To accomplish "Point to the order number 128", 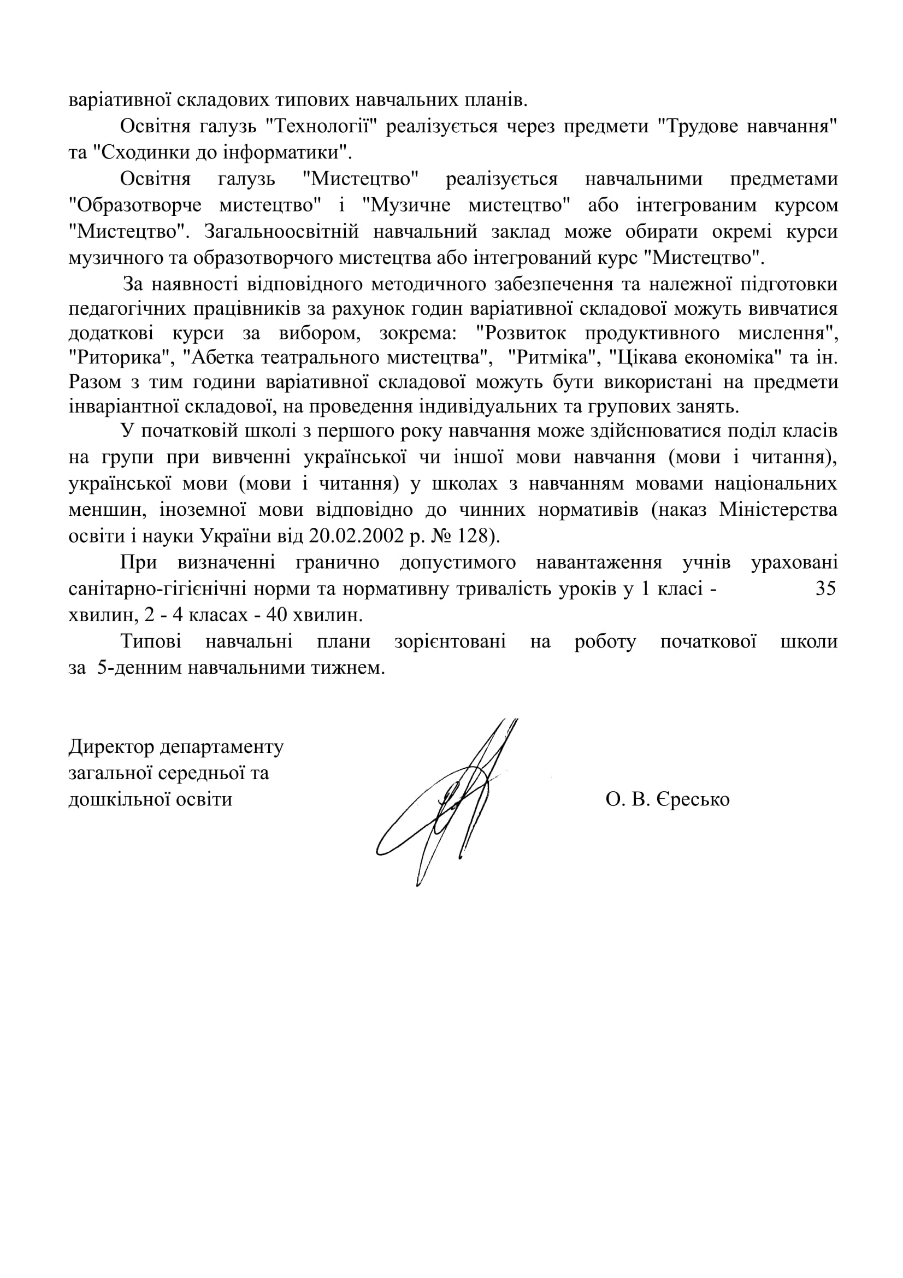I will (478, 535).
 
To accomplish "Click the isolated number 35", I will (825, 589).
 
